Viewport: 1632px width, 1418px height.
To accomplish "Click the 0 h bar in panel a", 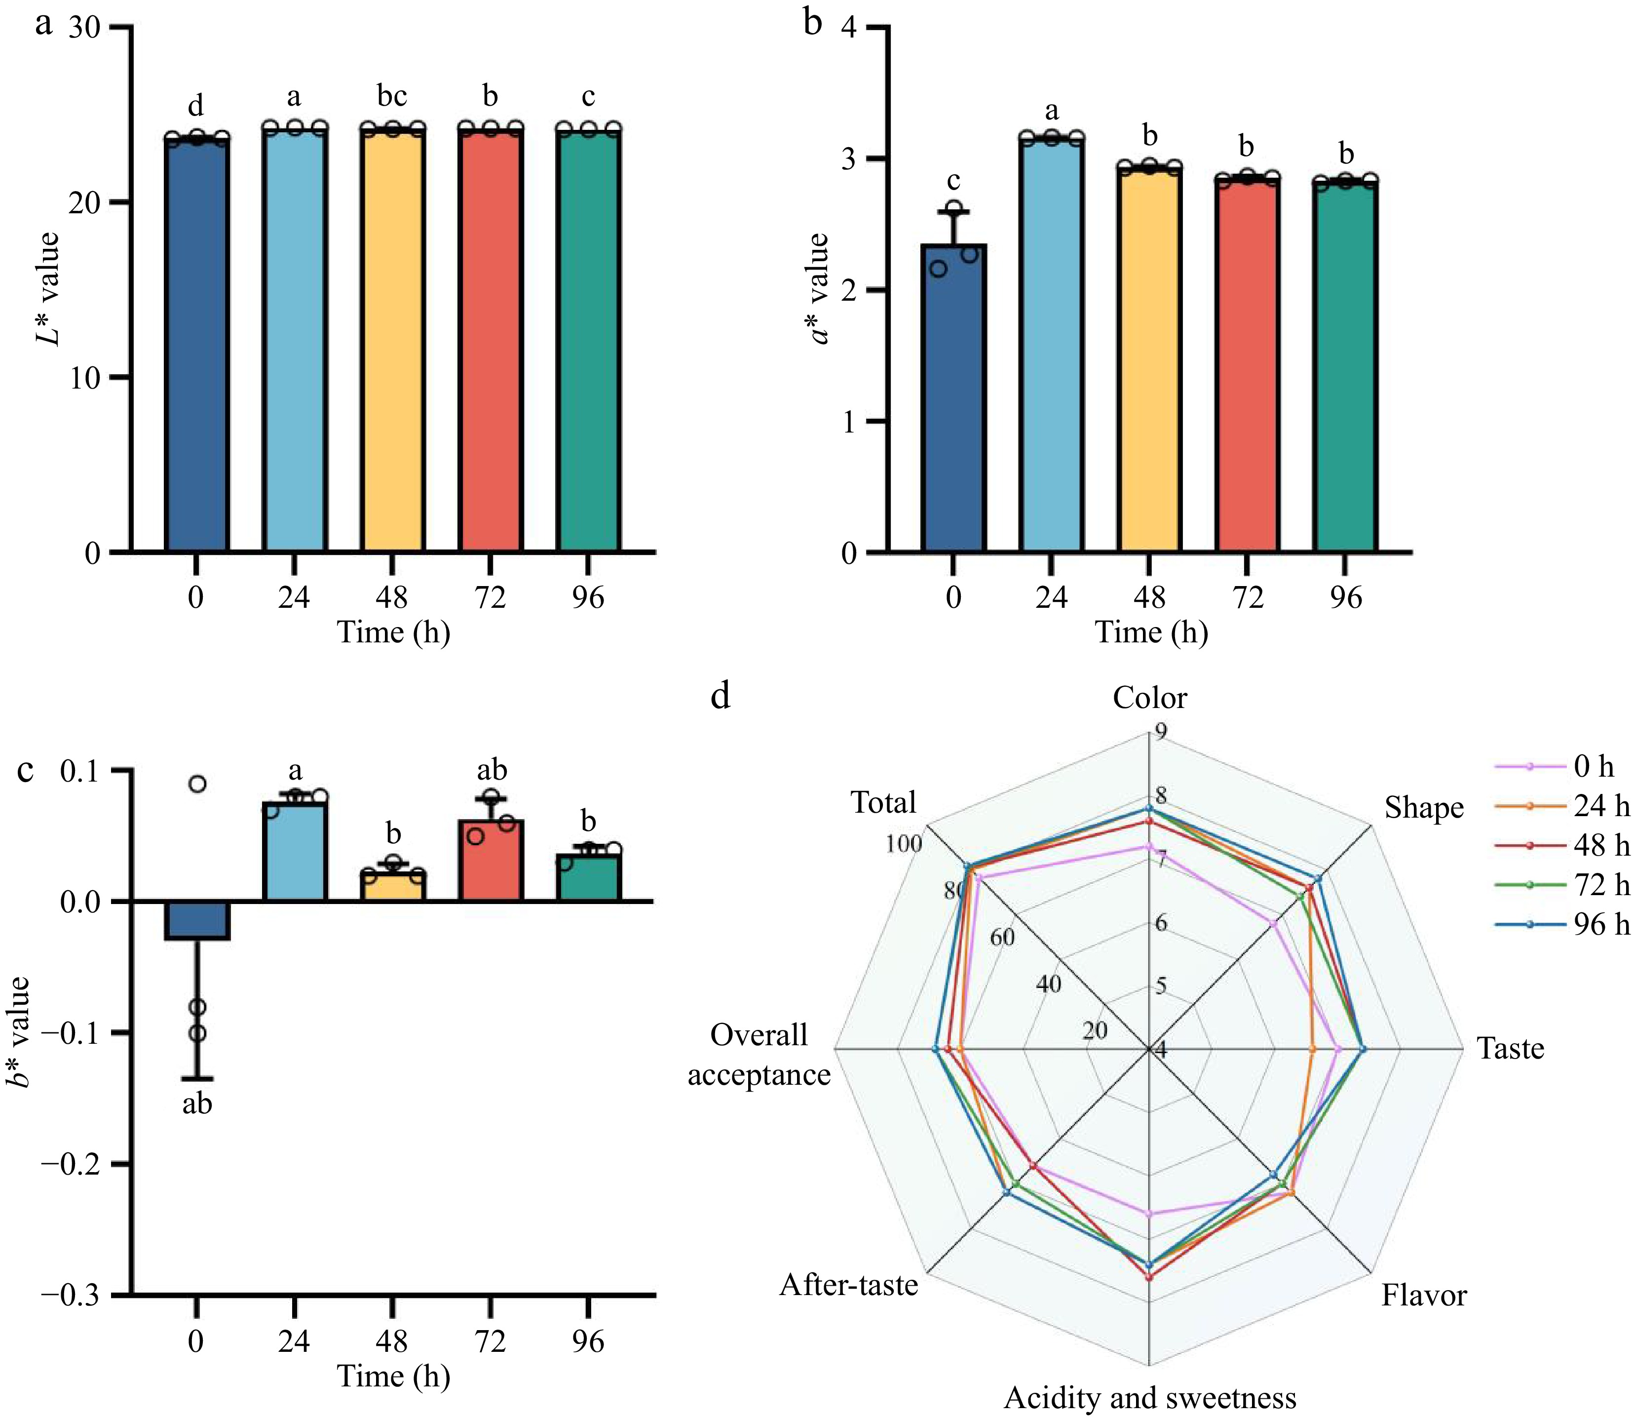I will [197, 344].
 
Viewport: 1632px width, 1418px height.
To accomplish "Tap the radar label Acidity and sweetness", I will [1149, 1398].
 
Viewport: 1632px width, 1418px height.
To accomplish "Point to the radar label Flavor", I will [1424, 1296].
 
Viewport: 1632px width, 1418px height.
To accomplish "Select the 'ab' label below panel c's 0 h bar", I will [197, 1104].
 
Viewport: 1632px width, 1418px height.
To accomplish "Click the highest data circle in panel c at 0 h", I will [198, 784].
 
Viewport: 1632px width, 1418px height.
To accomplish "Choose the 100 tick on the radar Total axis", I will [904, 843].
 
